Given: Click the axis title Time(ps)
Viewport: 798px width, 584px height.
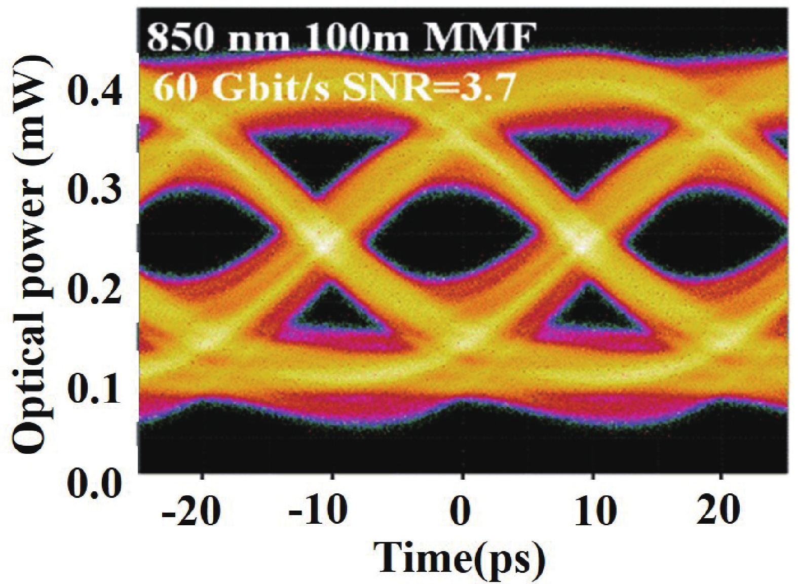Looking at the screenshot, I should (461, 560).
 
